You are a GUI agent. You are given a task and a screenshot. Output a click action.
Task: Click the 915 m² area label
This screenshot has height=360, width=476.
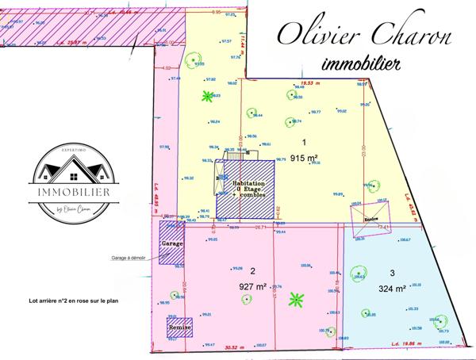coord(304,157)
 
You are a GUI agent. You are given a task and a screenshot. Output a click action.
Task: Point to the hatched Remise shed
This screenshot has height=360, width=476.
coord(178,328)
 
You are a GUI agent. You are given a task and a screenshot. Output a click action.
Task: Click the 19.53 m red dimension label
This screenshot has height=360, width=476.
coord(301,82)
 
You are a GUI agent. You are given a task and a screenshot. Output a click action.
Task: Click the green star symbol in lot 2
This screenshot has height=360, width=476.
coord(296,300)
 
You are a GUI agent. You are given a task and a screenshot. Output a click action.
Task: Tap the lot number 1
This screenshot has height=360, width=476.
coord(304,142)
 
